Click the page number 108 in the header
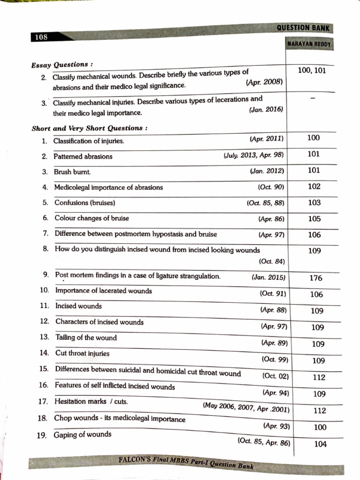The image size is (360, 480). (x=41, y=37)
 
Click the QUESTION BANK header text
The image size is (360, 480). (x=303, y=28)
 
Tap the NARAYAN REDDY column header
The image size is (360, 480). (x=309, y=45)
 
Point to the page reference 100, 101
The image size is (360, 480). (x=312, y=71)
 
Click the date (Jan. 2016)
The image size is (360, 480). (x=266, y=109)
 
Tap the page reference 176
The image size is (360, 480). (x=316, y=278)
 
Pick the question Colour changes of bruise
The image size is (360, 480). (x=92, y=218)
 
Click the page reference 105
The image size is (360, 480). (x=315, y=219)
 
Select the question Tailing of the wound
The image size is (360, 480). (x=86, y=337)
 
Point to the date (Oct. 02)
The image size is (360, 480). (x=276, y=376)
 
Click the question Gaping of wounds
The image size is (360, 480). (x=82, y=434)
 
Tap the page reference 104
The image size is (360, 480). (x=320, y=444)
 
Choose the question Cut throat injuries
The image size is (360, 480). (x=82, y=353)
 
